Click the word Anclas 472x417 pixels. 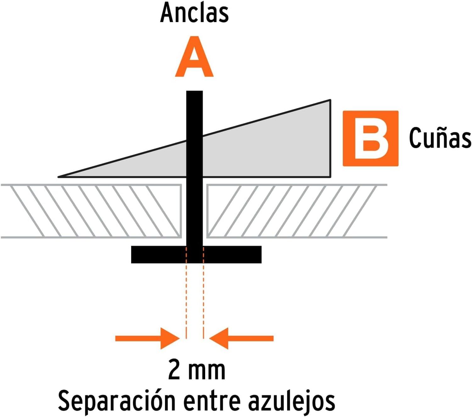point(194,13)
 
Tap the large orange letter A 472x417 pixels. point(194,56)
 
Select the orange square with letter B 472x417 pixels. point(370,138)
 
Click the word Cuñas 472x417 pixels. point(440,138)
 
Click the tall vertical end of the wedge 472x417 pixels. point(330,138)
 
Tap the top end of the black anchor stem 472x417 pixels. point(194,91)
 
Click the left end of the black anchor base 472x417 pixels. point(132,254)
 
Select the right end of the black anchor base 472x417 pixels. point(261,254)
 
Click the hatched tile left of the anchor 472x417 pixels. point(91,211)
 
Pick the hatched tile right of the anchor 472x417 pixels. point(297,211)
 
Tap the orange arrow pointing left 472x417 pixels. point(241,338)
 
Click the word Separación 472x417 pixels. point(116,400)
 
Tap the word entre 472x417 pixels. point(212,402)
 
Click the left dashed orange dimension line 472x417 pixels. point(186,293)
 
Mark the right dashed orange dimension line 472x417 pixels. point(203,293)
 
